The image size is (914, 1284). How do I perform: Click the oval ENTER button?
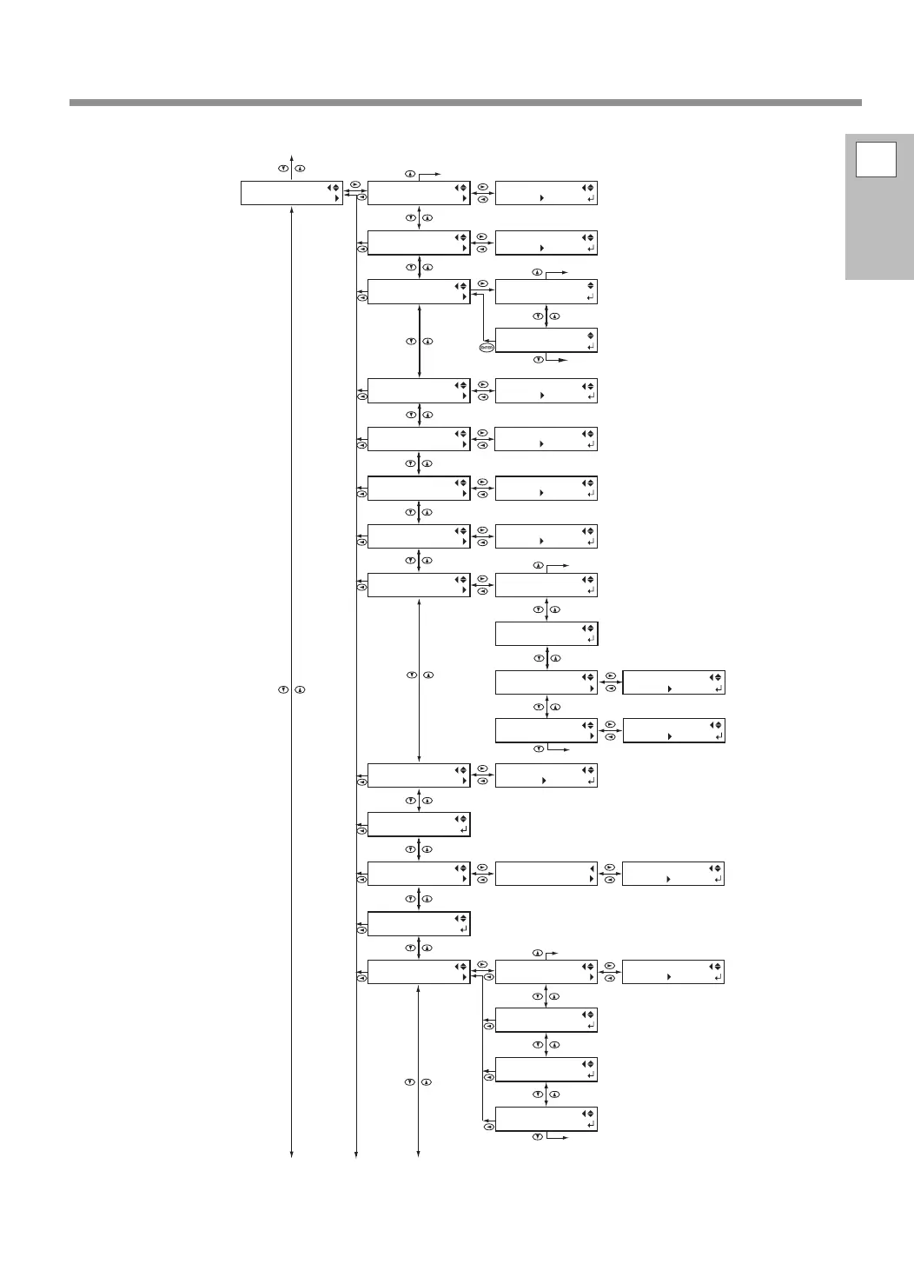click(x=487, y=348)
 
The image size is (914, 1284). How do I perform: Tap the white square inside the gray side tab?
click(x=876, y=159)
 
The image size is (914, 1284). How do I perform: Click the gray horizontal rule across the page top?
click(x=466, y=103)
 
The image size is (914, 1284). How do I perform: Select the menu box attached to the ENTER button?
click(x=546, y=340)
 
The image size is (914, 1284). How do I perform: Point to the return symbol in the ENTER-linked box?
click(x=591, y=347)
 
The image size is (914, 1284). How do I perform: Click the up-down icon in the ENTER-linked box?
click(x=591, y=335)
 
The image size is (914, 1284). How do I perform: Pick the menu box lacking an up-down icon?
click(x=546, y=874)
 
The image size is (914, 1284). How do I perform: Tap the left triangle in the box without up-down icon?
click(x=592, y=868)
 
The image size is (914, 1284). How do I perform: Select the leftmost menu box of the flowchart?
click(x=291, y=193)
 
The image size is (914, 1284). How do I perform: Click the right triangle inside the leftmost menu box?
click(x=336, y=199)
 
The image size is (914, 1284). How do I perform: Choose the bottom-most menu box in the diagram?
click(x=546, y=1119)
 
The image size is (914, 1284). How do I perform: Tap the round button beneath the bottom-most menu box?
click(x=538, y=1137)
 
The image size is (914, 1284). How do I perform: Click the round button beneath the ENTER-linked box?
click(x=538, y=359)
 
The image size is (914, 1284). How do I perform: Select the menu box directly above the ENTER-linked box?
click(x=546, y=291)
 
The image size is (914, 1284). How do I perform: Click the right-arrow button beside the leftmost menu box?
click(x=355, y=185)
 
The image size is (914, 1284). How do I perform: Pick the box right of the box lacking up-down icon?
click(x=673, y=874)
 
